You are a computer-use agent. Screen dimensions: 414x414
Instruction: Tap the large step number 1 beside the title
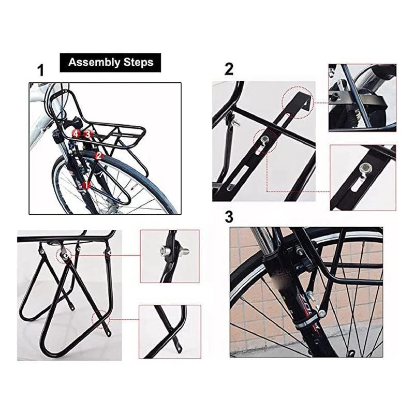point(41,71)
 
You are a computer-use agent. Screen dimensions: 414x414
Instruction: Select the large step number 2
point(229,69)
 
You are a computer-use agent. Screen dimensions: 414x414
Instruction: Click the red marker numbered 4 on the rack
point(76,134)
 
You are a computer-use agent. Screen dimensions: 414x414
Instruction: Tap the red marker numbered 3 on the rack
point(88,134)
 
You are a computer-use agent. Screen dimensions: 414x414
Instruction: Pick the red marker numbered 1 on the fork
point(87,184)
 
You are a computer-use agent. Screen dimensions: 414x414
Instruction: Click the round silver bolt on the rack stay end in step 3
point(322,313)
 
